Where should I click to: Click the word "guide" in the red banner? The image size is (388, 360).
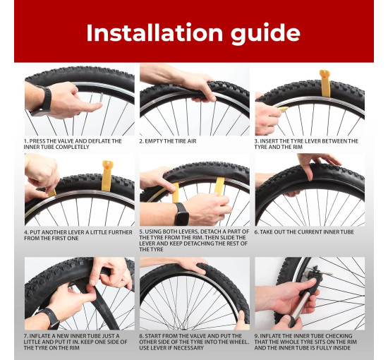click(x=265, y=34)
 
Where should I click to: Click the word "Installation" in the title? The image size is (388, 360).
click(x=154, y=32)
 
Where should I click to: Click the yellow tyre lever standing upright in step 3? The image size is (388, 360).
click(x=325, y=83)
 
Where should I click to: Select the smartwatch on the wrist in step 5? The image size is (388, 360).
click(x=181, y=214)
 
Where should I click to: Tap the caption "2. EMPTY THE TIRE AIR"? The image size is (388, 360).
click(x=167, y=141)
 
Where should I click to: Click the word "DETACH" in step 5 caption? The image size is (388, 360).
click(x=211, y=232)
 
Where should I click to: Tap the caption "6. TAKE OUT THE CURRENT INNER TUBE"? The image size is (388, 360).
click(x=304, y=232)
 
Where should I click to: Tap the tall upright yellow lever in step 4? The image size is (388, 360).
click(x=107, y=176)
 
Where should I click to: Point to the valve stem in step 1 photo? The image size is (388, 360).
click(x=101, y=98)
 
